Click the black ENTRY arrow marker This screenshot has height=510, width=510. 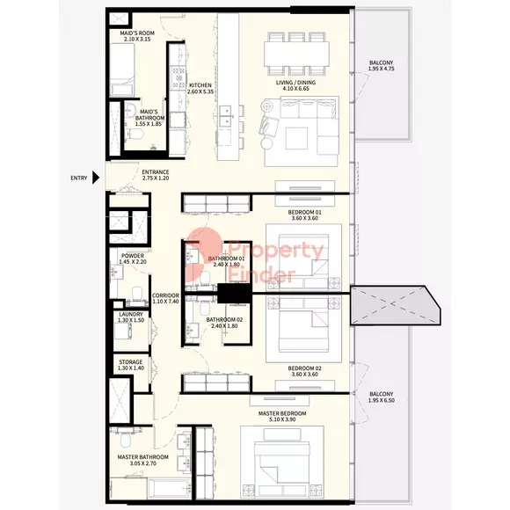pos(96,178)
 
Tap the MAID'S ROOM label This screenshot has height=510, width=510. pos(137,33)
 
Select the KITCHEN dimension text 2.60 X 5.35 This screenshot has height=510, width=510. pos(200,91)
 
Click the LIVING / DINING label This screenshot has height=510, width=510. pos(295,83)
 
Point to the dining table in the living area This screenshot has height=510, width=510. pos(296,54)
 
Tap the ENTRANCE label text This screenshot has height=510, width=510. pos(156,171)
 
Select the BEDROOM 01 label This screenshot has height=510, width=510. pos(304,212)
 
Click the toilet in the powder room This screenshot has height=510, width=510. pos(137,293)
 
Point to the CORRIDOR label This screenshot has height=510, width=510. pos(165,295)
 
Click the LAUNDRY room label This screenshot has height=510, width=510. pos(131,314)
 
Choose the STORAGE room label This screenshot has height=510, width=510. pos(131,361)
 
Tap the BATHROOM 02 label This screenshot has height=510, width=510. pos(224,320)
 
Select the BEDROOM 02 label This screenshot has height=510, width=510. pos(304,368)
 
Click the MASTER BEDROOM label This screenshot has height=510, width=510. pos(282,413)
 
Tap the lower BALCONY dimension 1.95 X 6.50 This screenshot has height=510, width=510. pos(382,400)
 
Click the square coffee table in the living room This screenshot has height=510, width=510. pos(296,138)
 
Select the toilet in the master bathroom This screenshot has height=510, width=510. pos(125,439)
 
